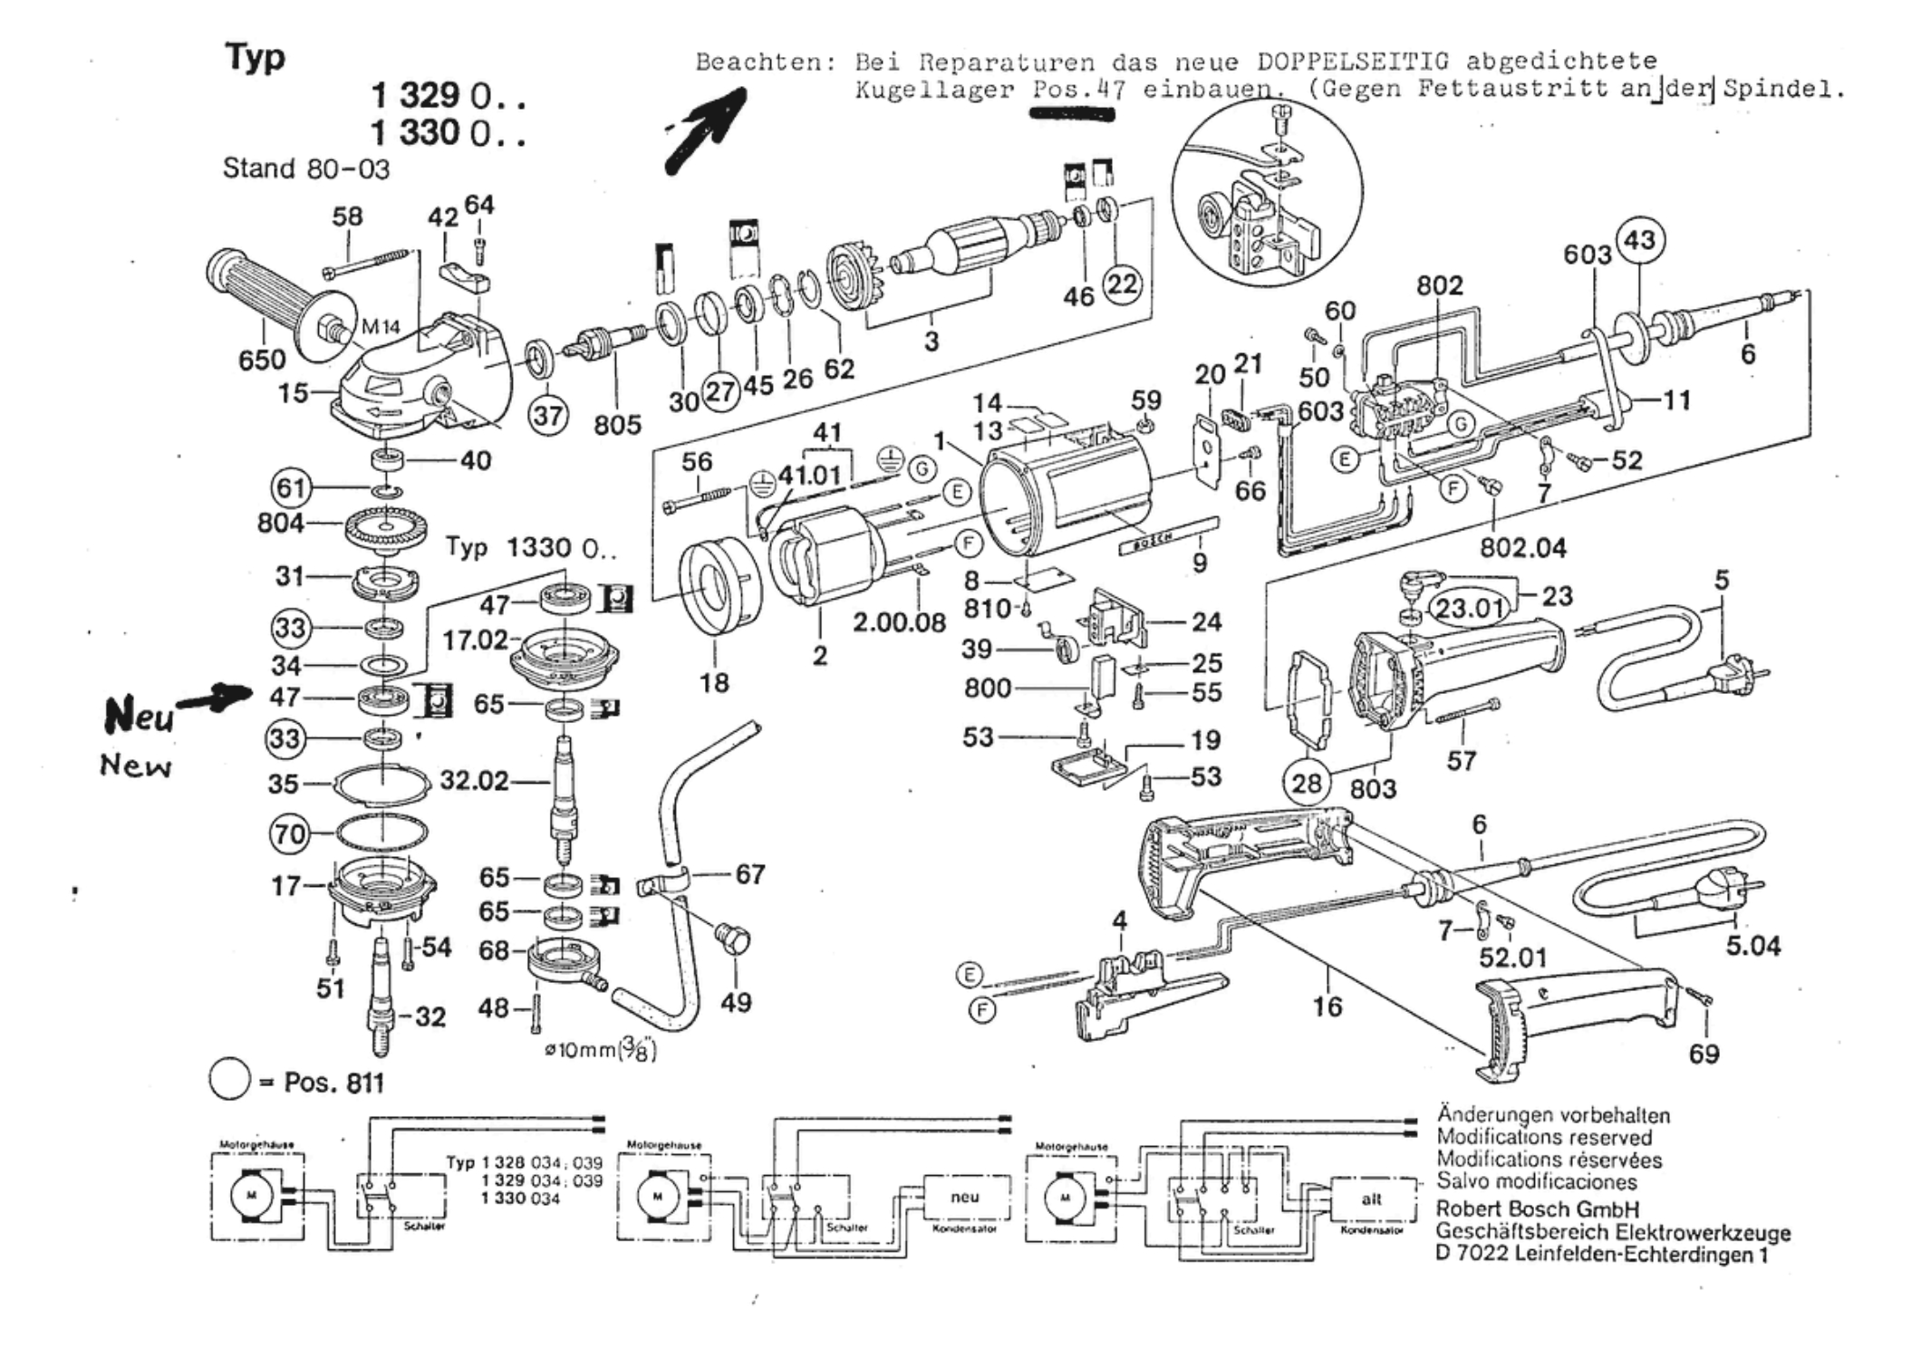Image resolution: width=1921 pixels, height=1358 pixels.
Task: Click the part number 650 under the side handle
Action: [x=262, y=360]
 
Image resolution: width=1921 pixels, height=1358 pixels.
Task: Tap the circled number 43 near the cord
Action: [x=1639, y=240]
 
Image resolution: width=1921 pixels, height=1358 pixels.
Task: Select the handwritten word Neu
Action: [x=139, y=716]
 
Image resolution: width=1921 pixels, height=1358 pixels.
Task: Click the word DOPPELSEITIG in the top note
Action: [x=1353, y=62]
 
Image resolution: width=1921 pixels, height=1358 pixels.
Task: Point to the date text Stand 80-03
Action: [x=305, y=169]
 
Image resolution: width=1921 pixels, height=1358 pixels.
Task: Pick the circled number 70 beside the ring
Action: [x=290, y=833]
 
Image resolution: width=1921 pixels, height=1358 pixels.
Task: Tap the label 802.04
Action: [x=1522, y=547]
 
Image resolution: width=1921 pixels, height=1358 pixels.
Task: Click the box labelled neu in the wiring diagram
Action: [x=965, y=1198]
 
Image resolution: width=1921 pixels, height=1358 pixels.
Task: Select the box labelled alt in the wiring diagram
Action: [x=1372, y=1199]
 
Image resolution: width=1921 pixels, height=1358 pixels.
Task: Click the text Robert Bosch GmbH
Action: [x=1537, y=1209]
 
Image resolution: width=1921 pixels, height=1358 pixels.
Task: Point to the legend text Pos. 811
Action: [x=333, y=1083]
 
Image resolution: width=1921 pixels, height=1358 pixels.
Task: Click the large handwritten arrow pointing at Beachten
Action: [x=707, y=130]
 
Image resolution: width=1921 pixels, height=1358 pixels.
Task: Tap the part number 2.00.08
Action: [x=899, y=622]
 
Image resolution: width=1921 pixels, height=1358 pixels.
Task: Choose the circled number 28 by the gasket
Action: [x=1306, y=782]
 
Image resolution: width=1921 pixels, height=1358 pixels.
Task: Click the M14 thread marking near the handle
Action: [x=381, y=327]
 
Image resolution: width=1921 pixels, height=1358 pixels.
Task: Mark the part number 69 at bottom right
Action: [x=1704, y=1054]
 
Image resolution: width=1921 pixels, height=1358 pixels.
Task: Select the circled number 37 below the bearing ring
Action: [x=548, y=416]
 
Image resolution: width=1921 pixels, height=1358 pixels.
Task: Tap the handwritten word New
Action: [x=136, y=766]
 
